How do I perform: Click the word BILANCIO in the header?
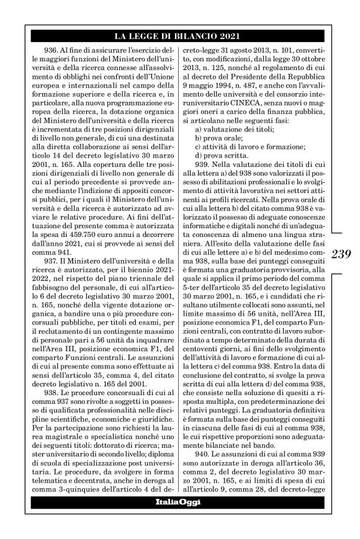pos(190,35)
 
